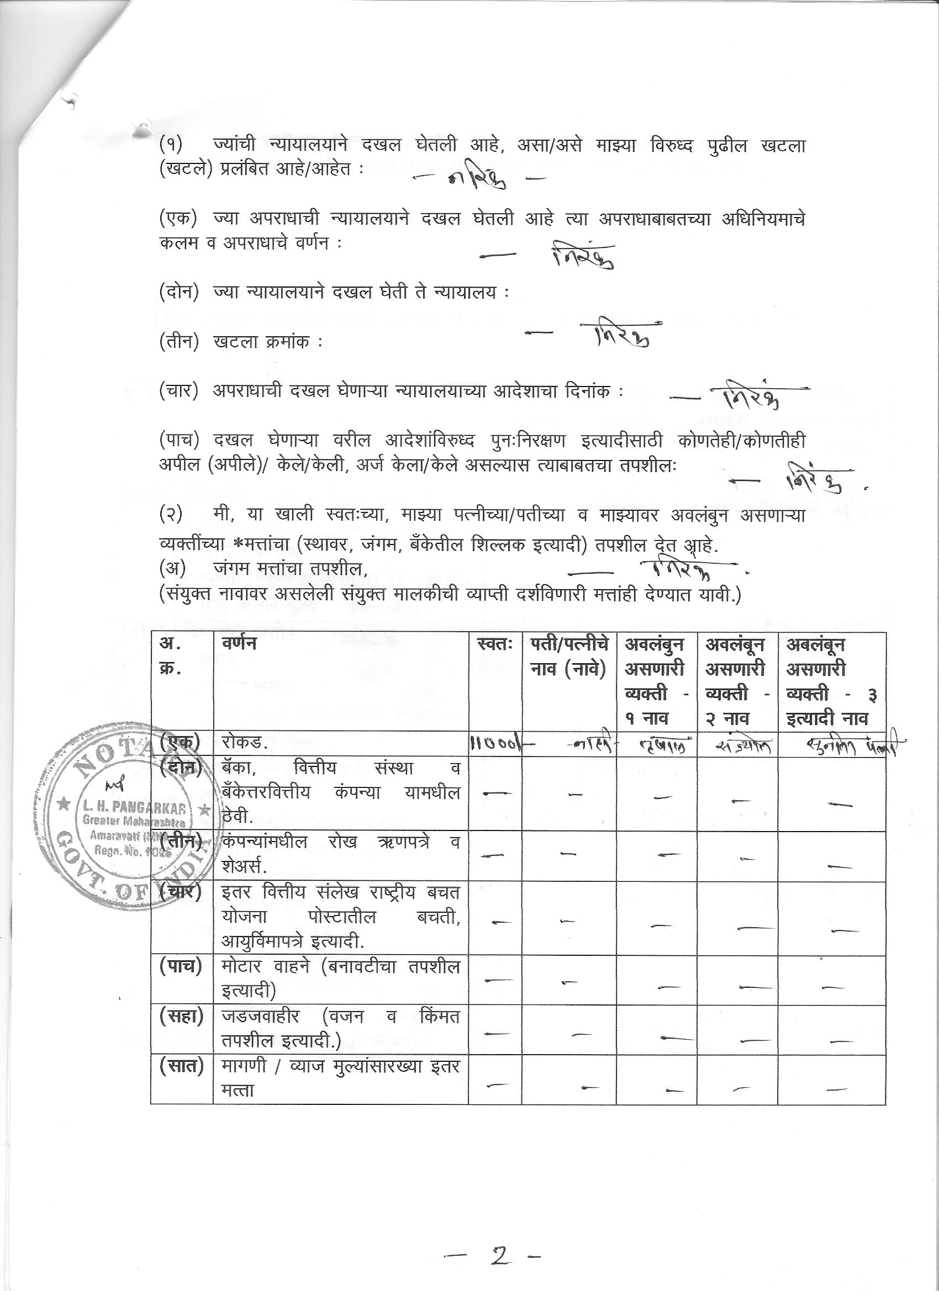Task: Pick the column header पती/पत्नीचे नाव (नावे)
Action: point(569,657)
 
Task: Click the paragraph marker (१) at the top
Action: point(171,146)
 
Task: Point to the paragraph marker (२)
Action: point(171,515)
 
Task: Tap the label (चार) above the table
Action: point(178,391)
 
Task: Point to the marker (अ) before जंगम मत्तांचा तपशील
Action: point(170,568)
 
